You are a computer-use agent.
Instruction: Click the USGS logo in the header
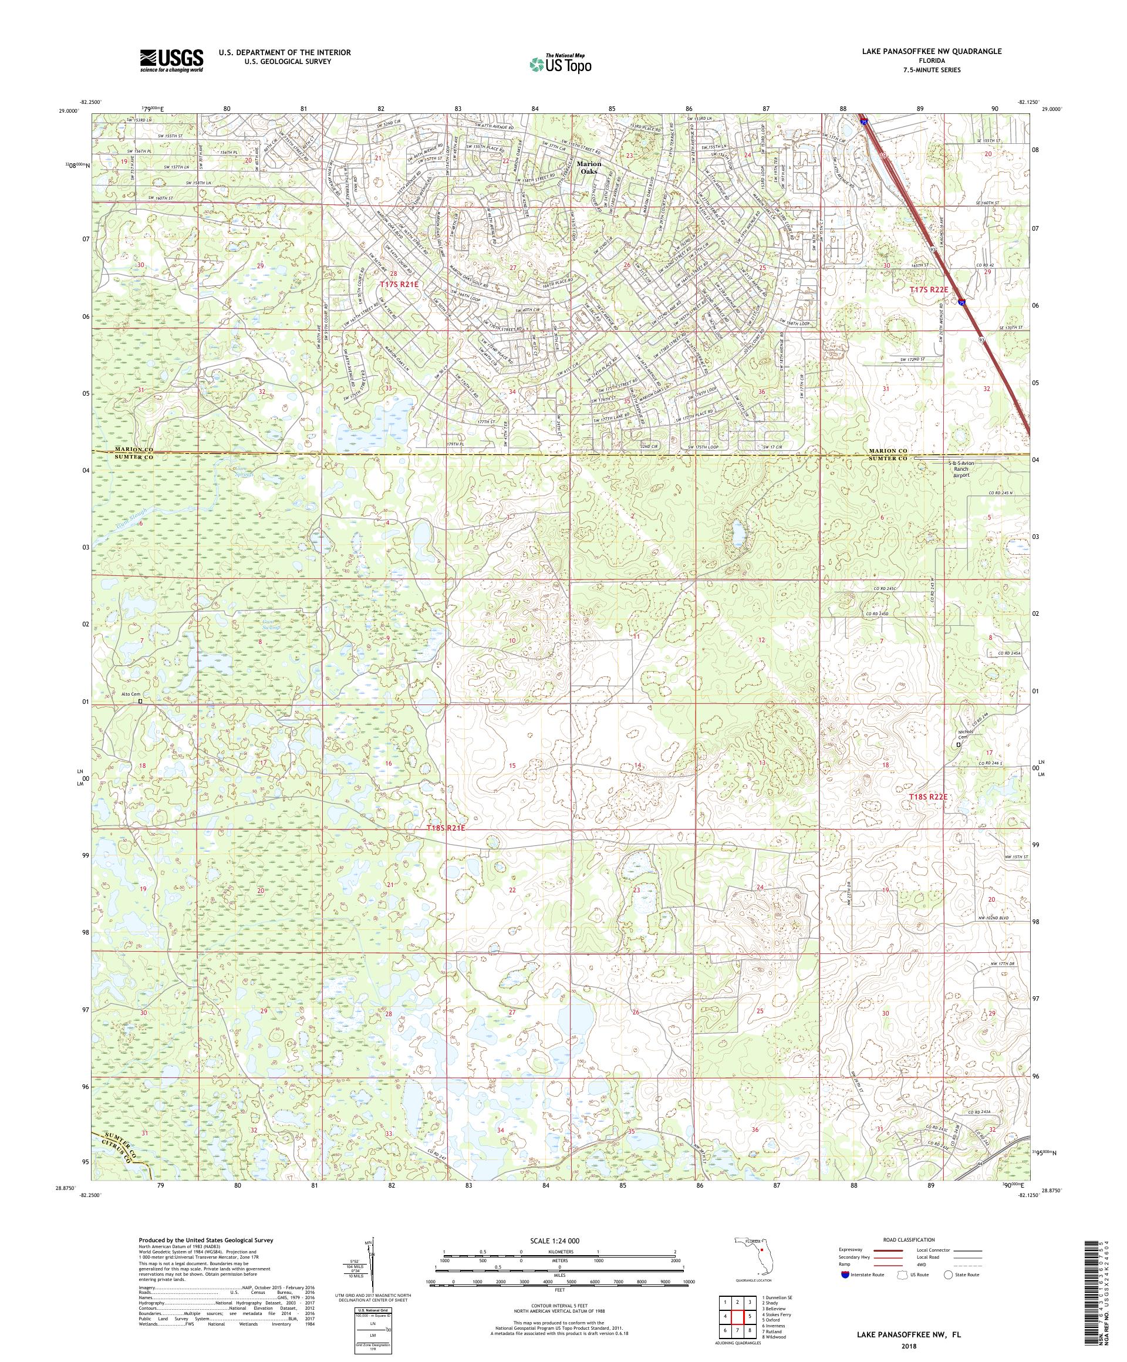pyautogui.click(x=172, y=61)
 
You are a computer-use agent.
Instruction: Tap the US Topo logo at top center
pyautogui.click(x=561, y=63)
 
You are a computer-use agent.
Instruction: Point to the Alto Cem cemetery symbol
pyautogui.click(x=140, y=701)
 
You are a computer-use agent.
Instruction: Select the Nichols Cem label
pyautogui.click(x=959, y=736)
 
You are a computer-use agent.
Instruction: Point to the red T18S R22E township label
pyautogui.click(x=932, y=797)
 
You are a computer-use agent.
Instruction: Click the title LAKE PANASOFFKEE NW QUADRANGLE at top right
pyautogui.click(x=931, y=51)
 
